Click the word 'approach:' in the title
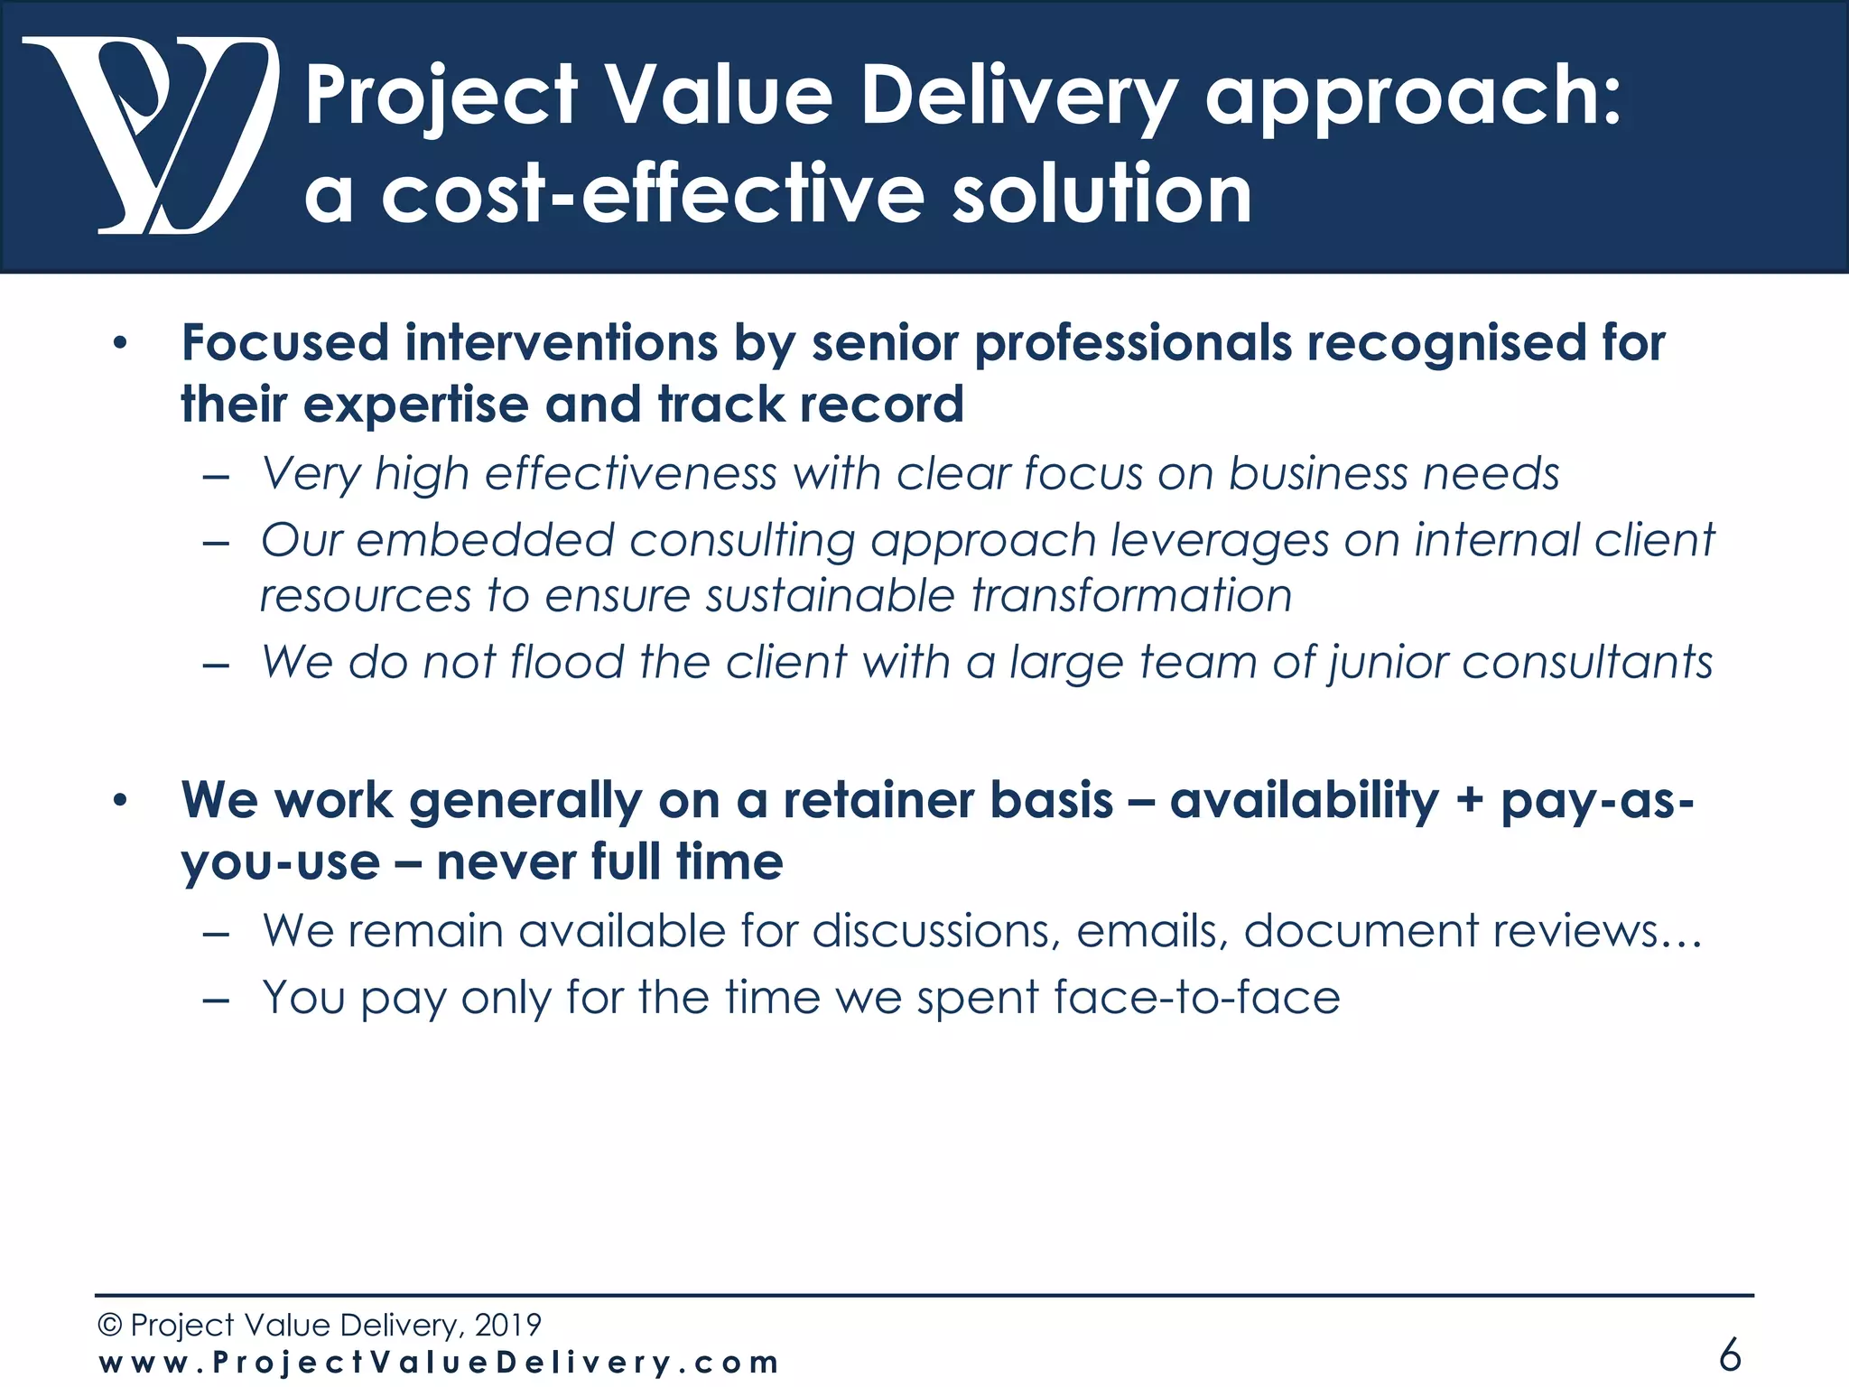(x=1413, y=98)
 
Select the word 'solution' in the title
(x=1101, y=195)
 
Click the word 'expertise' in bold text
(x=415, y=405)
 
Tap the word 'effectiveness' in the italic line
(x=630, y=473)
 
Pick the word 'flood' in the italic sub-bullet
(x=567, y=662)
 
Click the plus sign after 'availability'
(x=1469, y=802)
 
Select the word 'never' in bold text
(x=506, y=861)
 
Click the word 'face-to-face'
(x=1196, y=998)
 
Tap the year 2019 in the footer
(x=507, y=1325)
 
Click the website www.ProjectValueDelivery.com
(x=439, y=1363)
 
